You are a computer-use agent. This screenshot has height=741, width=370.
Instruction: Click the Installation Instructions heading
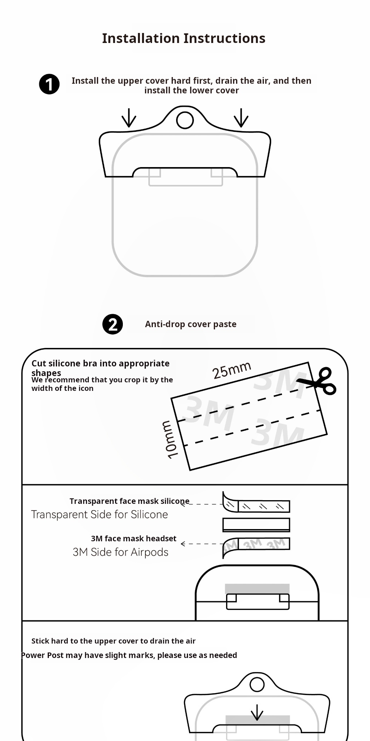click(x=184, y=38)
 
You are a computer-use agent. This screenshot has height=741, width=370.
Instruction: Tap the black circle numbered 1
click(x=49, y=84)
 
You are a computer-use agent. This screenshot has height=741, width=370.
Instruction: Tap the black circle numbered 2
click(x=112, y=324)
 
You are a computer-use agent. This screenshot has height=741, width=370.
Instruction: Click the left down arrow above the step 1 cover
click(x=129, y=118)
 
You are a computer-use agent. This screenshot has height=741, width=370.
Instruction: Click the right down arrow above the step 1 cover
click(x=241, y=118)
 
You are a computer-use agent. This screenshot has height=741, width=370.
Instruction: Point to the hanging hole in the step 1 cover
click(x=185, y=120)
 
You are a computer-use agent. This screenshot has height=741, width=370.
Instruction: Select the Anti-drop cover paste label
click(x=191, y=324)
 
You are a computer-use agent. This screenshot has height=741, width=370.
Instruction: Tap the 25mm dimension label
click(x=232, y=370)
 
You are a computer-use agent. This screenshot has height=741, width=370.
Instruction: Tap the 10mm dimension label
click(x=170, y=440)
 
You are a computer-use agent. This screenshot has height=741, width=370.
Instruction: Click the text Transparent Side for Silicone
click(x=100, y=514)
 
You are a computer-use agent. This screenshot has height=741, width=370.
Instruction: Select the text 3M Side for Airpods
click(x=121, y=552)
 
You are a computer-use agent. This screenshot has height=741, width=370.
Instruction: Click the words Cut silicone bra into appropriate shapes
click(x=100, y=368)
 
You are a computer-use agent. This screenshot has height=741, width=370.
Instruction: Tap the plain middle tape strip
click(x=256, y=525)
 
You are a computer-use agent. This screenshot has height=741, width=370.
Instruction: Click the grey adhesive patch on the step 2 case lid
click(x=257, y=588)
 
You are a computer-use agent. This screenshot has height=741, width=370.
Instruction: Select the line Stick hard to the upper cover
click(x=113, y=641)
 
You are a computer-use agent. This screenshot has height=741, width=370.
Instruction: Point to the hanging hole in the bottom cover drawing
click(x=257, y=685)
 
